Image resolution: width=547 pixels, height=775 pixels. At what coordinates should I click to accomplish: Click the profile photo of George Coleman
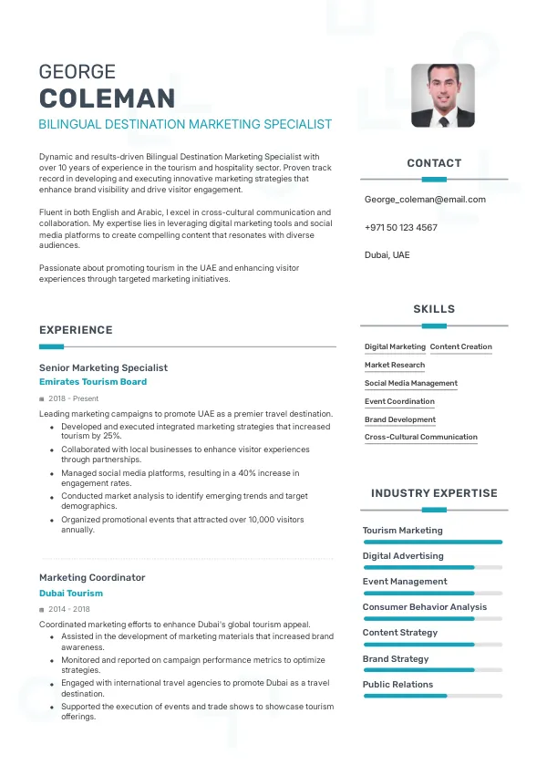[443, 95]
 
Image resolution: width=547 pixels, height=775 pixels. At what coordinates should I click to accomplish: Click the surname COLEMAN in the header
[108, 98]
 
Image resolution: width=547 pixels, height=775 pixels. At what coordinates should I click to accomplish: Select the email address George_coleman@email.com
[425, 199]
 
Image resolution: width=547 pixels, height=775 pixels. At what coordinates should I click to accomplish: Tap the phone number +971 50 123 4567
[400, 227]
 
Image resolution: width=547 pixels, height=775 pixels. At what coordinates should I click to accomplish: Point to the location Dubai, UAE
[387, 254]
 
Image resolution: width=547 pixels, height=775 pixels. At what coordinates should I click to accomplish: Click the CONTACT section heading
[434, 163]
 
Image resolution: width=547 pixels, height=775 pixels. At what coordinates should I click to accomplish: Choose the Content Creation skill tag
[460, 346]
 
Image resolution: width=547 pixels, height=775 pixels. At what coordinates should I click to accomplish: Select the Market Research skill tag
[395, 365]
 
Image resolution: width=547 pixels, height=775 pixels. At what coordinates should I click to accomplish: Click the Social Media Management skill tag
[411, 383]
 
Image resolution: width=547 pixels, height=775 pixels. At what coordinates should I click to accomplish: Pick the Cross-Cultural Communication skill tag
[421, 437]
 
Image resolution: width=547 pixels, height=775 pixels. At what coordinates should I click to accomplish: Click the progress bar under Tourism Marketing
[432, 542]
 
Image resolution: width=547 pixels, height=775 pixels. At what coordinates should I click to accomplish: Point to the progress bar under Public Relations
[432, 696]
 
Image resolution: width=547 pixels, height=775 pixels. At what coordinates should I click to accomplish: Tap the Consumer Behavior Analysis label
[425, 606]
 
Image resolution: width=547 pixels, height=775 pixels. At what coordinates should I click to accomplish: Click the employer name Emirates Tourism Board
[93, 382]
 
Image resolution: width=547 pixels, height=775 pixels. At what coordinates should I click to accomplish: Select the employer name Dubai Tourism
[71, 593]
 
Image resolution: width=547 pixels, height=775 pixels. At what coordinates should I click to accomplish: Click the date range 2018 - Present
[74, 398]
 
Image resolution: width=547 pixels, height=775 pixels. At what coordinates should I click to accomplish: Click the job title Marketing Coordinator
[92, 577]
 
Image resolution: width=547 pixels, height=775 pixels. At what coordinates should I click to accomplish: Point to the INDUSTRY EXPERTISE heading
[434, 493]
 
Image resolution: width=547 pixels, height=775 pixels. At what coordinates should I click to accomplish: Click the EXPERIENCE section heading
[76, 330]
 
